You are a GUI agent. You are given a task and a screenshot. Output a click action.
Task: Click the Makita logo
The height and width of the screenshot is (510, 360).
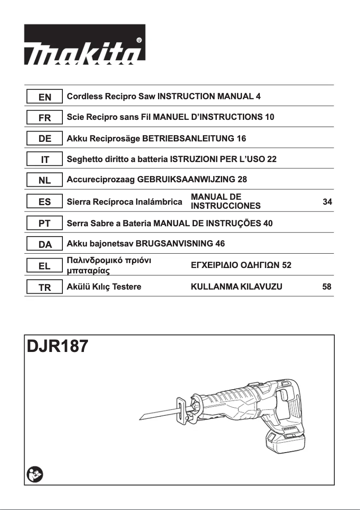pyautogui.click(x=84, y=44)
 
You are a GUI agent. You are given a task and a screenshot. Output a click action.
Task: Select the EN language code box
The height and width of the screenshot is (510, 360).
pyautogui.click(x=44, y=97)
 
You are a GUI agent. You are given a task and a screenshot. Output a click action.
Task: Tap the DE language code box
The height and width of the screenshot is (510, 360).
pyautogui.click(x=44, y=139)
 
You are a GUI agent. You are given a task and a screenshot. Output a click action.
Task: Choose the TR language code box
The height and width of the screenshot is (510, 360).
pyautogui.click(x=44, y=287)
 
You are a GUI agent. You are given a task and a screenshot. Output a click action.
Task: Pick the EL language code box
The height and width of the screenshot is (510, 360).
pyautogui.click(x=44, y=266)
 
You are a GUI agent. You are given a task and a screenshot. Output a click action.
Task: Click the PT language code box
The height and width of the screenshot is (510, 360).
pyautogui.click(x=44, y=224)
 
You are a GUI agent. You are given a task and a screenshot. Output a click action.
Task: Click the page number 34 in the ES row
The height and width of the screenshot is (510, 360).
pyautogui.click(x=327, y=202)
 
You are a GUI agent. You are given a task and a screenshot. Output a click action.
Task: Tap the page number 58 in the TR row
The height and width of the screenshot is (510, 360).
pyautogui.click(x=327, y=287)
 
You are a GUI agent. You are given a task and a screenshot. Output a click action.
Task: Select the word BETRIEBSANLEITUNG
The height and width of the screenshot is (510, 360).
pyautogui.click(x=188, y=139)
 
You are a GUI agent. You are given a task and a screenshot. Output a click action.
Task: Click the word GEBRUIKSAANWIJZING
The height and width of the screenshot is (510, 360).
pyautogui.click(x=186, y=180)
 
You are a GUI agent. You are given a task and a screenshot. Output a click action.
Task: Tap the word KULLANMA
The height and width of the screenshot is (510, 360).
pyautogui.click(x=210, y=287)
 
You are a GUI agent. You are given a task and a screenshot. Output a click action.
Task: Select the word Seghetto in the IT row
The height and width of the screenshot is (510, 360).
pyautogui.click(x=84, y=159)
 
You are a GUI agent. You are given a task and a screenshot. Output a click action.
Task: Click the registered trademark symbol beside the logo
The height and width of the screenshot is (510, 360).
pyautogui.click(x=140, y=40)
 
